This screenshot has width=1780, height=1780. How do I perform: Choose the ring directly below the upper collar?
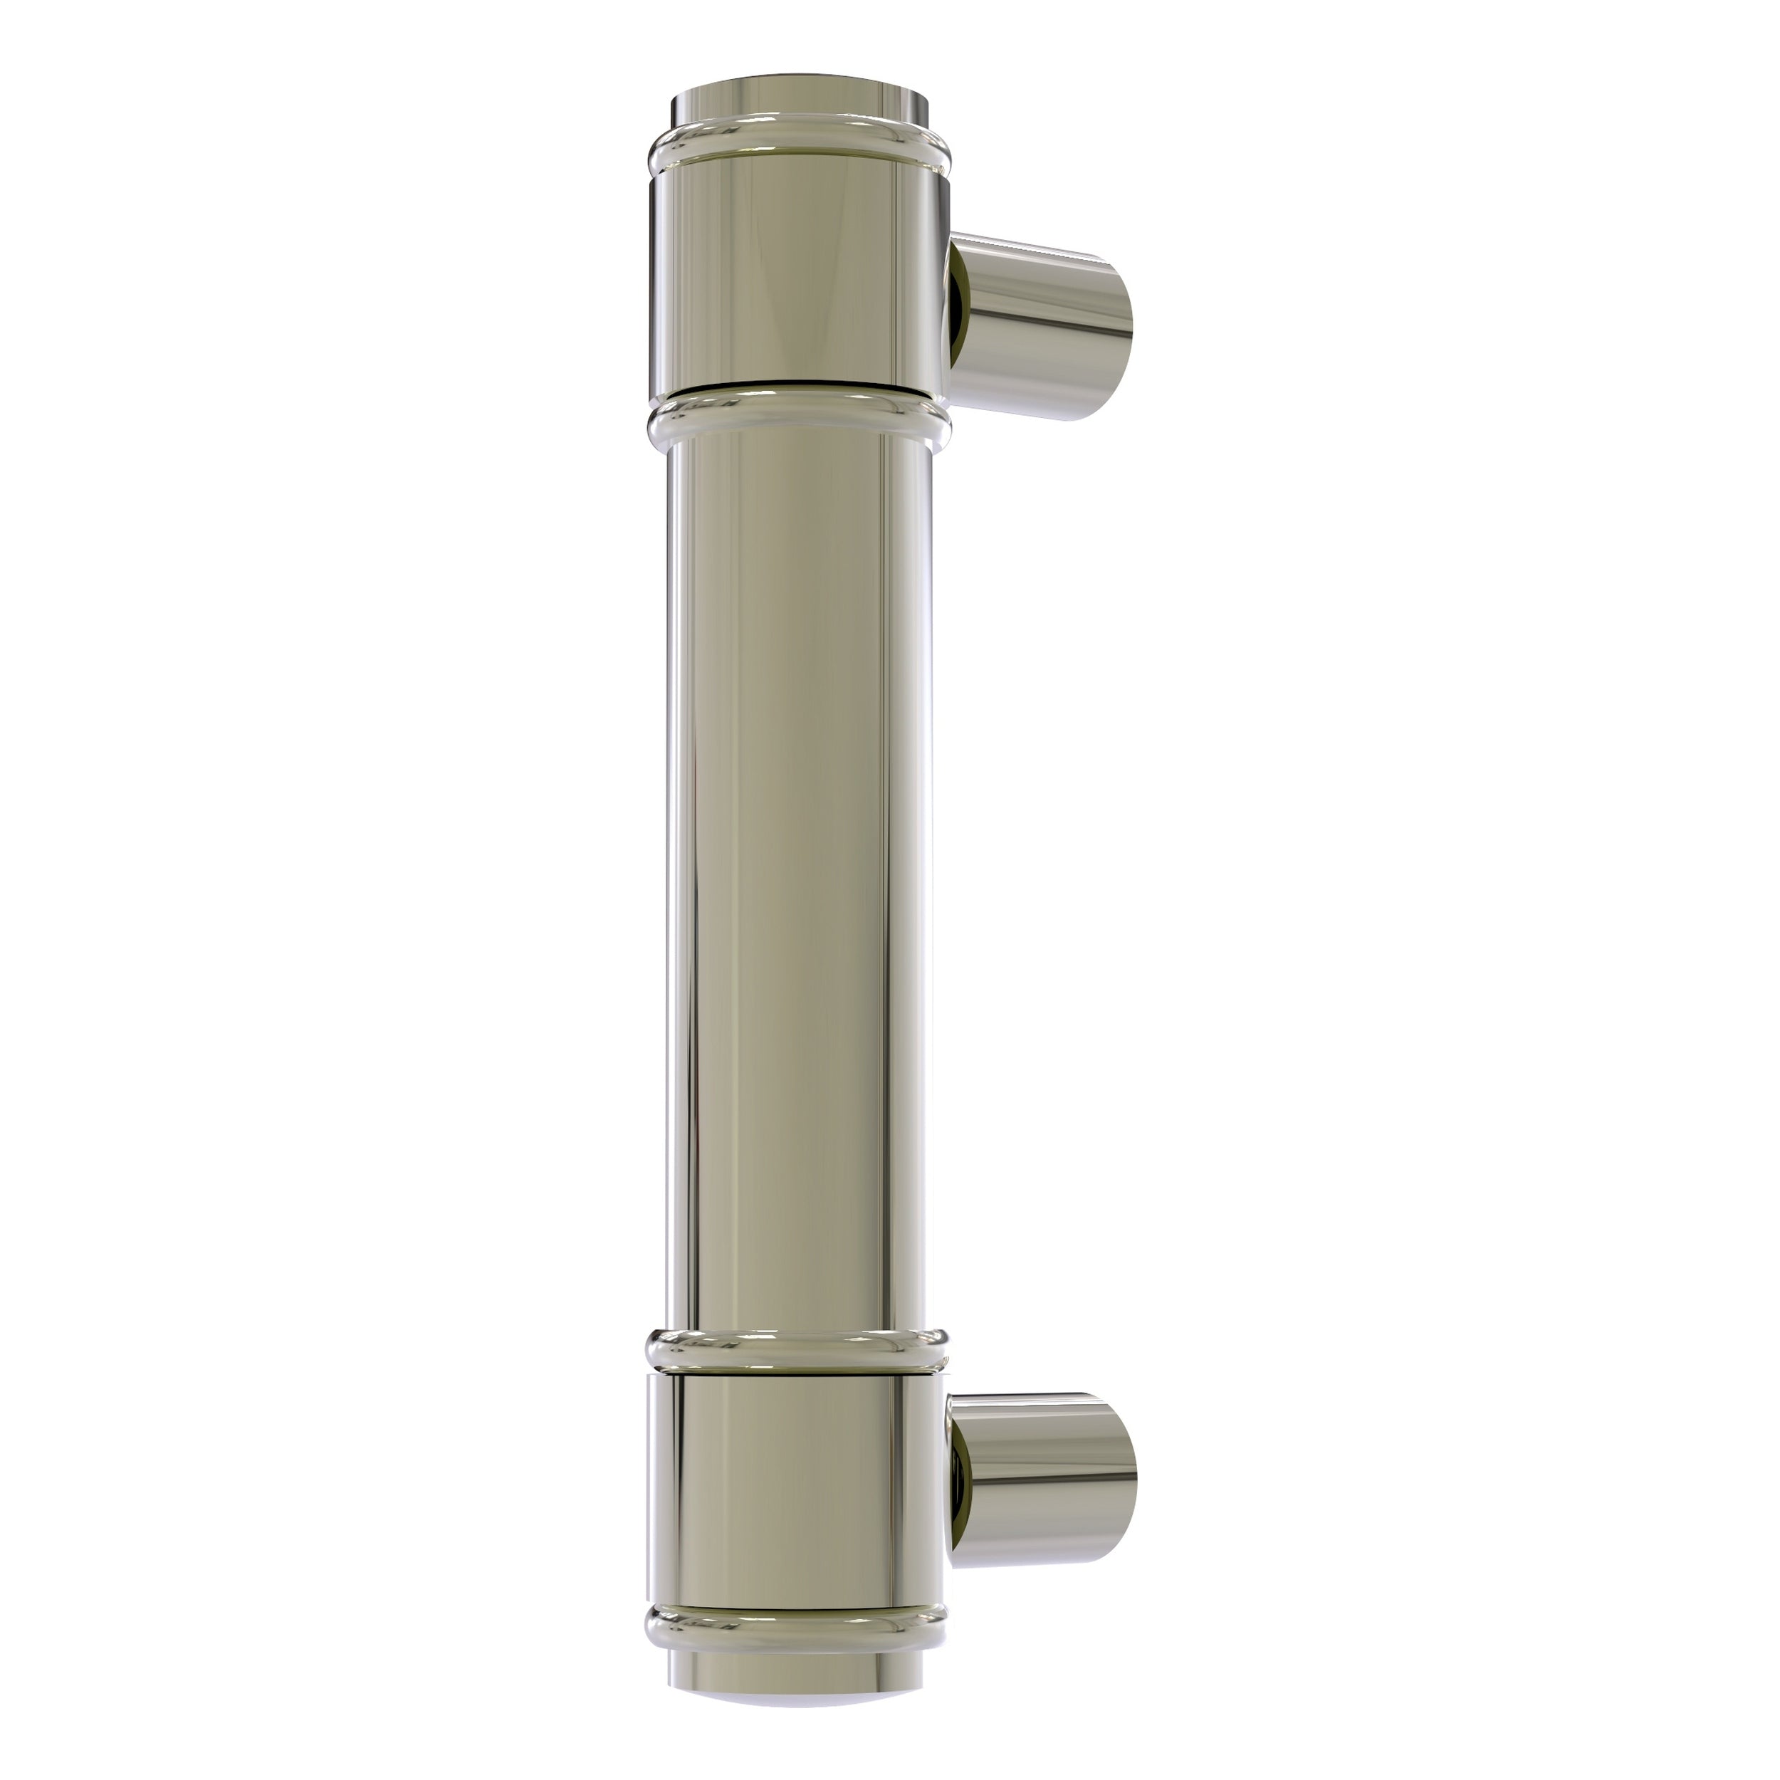(798, 419)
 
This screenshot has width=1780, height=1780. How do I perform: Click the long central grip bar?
(798, 875)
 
